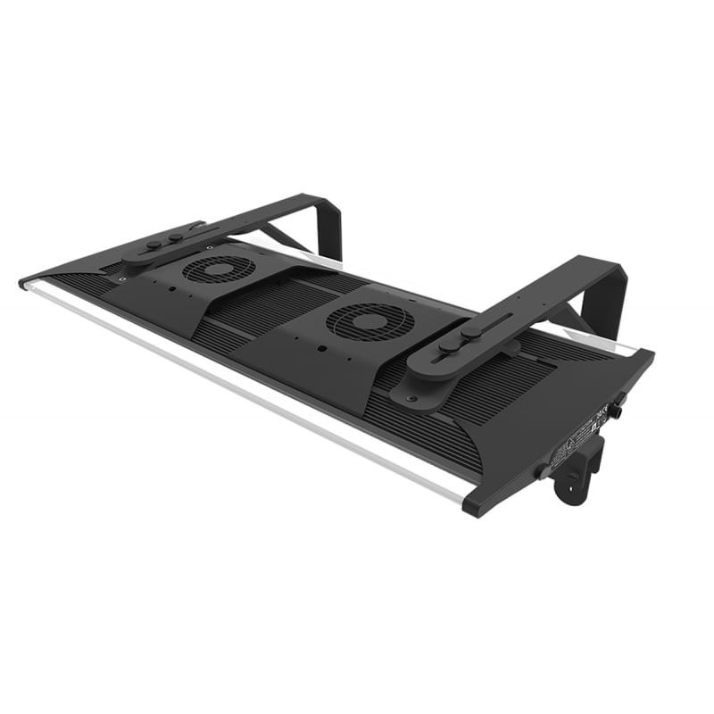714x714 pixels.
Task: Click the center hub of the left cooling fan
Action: pos(219,269)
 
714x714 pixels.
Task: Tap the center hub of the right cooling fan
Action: pos(369,321)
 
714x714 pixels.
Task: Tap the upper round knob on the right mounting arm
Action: pos(471,330)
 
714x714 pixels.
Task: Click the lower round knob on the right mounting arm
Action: pos(445,346)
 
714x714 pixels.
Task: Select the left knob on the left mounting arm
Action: pos(154,244)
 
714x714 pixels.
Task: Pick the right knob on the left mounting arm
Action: pos(176,237)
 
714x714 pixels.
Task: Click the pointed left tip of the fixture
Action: pos(22,284)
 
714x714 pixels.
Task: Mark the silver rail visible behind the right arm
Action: pos(607,339)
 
